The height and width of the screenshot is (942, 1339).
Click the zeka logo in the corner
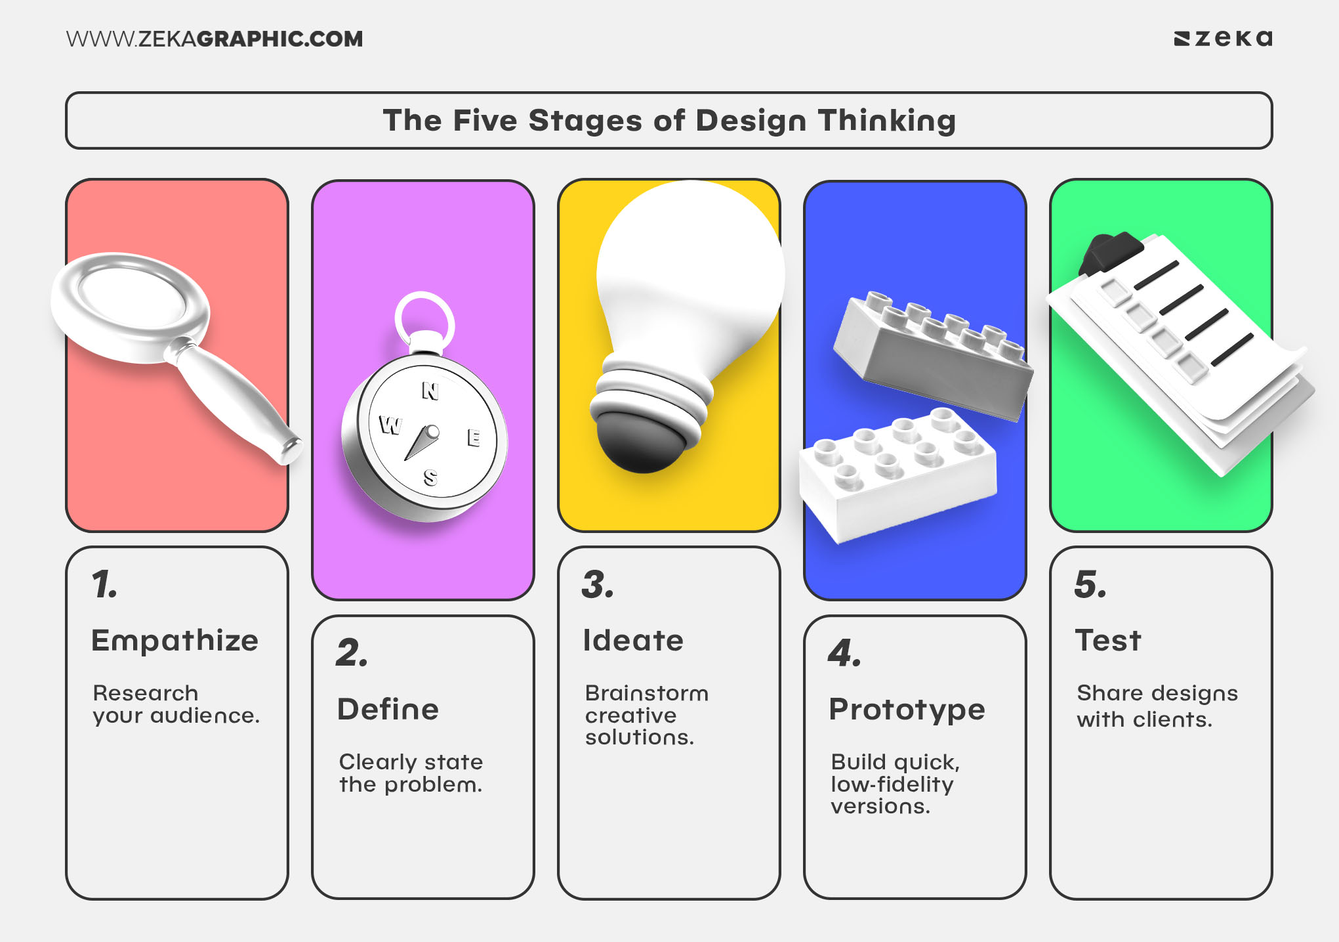point(1223,39)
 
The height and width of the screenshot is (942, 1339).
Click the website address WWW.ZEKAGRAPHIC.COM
point(214,39)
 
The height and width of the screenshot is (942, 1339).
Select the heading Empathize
point(175,641)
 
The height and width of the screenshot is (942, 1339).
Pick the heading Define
point(388,710)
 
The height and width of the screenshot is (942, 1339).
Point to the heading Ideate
point(633,641)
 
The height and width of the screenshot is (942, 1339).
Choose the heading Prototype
point(907,710)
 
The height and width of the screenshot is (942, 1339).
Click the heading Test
point(1108,641)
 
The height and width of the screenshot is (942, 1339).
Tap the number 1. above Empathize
point(104,584)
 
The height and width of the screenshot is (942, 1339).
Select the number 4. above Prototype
point(844,653)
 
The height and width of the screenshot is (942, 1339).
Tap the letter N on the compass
point(430,391)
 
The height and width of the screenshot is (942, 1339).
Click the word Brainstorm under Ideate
point(646,693)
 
